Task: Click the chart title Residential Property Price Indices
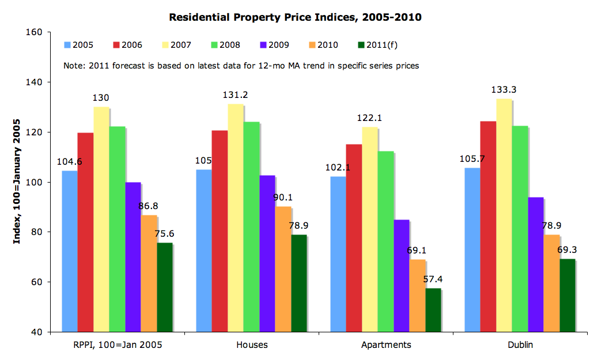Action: click(x=295, y=17)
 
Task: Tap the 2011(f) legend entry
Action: click(x=378, y=45)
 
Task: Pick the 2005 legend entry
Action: click(x=79, y=45)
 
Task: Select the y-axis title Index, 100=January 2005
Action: click(x=17, y=182)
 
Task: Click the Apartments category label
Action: click(x=385, y=345)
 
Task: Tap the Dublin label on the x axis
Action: click(x=520, y=345)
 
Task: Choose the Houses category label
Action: click(x=252, y=345)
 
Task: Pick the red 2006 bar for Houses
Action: click(x=220, y=231)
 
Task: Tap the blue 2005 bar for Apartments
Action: click(x=338, y=254)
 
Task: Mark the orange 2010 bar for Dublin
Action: click(x=551, y=283)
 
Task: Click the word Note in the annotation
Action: click(x=73, y=66)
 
